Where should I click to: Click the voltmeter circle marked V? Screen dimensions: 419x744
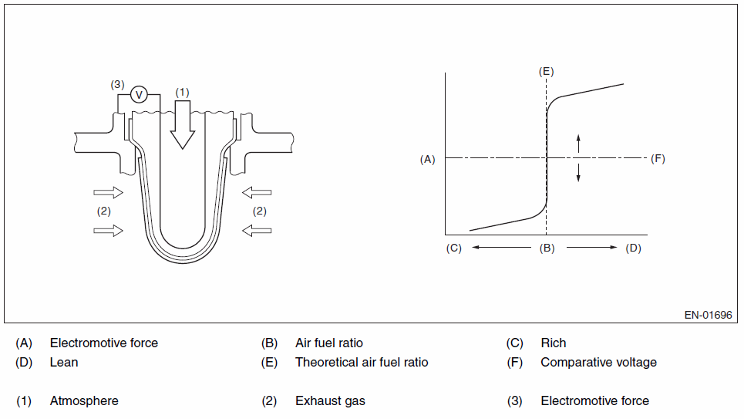pos(139,94)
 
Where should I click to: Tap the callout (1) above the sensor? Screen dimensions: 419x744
pos(182,92)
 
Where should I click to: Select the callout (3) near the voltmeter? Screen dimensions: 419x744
pos(116,84)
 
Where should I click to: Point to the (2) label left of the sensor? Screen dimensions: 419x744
pos(104,211)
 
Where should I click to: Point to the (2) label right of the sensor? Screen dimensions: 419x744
pos(260,211)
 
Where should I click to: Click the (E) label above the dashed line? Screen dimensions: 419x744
pos(546,71)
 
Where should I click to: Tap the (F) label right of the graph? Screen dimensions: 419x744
pos(658,159)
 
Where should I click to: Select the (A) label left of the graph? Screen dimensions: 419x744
pos(427,159)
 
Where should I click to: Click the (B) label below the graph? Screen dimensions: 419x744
pos(547,248)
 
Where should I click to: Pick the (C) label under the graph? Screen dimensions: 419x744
pos(453,248)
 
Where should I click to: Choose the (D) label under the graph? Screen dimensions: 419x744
pos(633,248)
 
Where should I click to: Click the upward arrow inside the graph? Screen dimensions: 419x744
pos(579,143)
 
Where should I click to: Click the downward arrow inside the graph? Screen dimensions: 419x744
pos(579,174)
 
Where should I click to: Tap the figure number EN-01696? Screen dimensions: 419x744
pos(708,315)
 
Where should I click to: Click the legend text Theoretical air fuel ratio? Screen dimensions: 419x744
pos(362,362)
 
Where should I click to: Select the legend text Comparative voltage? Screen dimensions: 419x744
pos(598,362)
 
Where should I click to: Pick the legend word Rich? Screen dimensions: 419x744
pos(553,343)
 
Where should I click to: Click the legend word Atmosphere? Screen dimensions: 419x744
pos(84,400)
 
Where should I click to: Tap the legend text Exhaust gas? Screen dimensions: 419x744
pos(330,400)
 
